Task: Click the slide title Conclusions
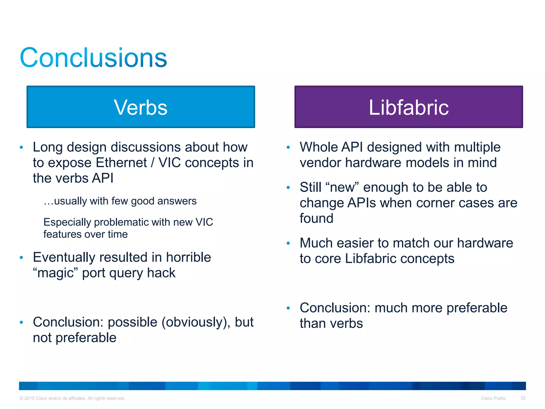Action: [93, 58]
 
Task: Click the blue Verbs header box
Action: [141, 107]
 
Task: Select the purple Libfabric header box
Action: [408, 107]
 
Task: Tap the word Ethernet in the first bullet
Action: [121, 163]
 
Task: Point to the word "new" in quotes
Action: [342, 187]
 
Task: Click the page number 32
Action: [523, 398]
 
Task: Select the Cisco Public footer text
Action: [493, 398]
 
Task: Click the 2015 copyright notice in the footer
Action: [72, 398]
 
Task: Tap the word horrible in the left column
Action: [188, 257]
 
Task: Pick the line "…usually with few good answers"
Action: [120, 201]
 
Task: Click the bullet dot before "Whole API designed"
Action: [288, 147]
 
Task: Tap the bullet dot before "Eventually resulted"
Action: [21, 257]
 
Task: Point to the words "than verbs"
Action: [331, 323]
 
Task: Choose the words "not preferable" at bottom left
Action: [75, 338]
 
